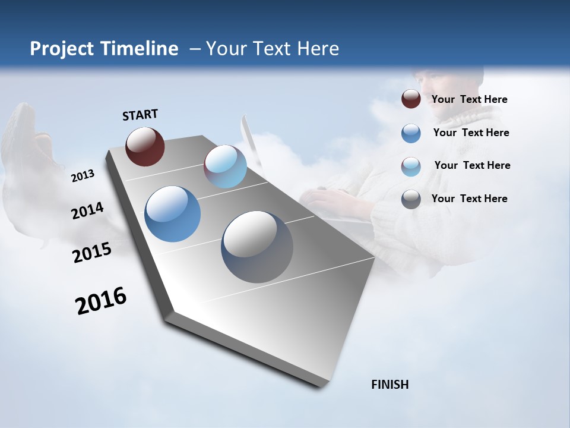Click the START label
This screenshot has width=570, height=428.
click(x=140, y=115)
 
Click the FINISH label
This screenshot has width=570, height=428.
click(x=389, y=385)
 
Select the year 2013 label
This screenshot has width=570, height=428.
click(x=83, y=176)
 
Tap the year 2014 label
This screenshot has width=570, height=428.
click(x=87, y=210)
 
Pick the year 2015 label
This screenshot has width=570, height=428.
click(x=92, y=253)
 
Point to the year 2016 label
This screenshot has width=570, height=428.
click(x=101, y=301)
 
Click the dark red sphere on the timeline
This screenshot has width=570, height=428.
click(x=145, y=146)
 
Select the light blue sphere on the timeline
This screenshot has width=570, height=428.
click(x=225, y=166)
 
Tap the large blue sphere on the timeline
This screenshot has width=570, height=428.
click(x=172, y=214)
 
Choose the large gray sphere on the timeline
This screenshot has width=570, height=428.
click(x=257, y=247)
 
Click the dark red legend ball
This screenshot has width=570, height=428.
click(x=411, y=99)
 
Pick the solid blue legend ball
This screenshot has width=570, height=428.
click(x=411, y=133)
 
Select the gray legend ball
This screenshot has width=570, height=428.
click(x=411, y=199)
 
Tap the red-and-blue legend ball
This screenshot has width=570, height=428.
click(x=411, y=166)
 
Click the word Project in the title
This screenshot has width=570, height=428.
click(x=62, y=49)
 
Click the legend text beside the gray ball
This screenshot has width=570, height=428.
click(x=469, y=199)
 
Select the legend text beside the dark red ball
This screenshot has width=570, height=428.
click(x=469, y=100)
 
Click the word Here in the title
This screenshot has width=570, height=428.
click(x=318, y=49)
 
